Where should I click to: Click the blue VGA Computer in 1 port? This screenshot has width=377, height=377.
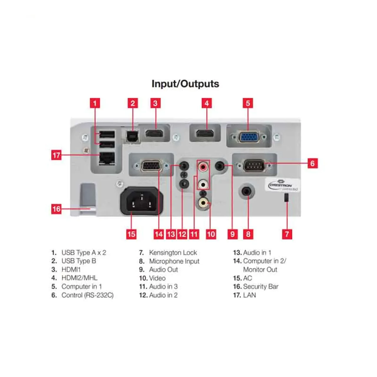click(249, 137)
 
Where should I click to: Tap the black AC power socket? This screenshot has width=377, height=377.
click(141, 201)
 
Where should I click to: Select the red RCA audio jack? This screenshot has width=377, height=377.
click(203, 167)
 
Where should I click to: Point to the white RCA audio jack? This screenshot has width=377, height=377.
click(203, 184)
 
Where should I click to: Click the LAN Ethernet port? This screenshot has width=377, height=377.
click(107, 159)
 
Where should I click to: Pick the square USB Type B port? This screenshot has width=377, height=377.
click(133, 136)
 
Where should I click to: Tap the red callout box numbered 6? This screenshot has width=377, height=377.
click(312, 163)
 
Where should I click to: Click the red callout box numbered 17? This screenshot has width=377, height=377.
click(56, 155)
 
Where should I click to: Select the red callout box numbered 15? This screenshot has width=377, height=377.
click(131, 234)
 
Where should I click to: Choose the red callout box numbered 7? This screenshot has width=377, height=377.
click(287, 234)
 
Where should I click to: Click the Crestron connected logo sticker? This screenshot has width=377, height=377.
click(283, 185)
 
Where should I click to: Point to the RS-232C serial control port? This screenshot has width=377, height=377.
click(254, 166)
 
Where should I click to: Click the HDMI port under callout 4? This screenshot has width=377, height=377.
click(205, 133)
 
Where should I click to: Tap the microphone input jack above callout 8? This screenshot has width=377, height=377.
click(247, 191)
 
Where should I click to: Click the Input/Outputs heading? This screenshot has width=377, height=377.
click(185, 84)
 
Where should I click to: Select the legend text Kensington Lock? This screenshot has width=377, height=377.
click(173, 253)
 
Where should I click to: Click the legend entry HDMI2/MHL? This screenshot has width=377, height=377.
click(80, 278)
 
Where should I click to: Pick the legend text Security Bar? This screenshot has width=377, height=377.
click(261, 287)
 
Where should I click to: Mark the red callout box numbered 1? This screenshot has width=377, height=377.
click(95, 103)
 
